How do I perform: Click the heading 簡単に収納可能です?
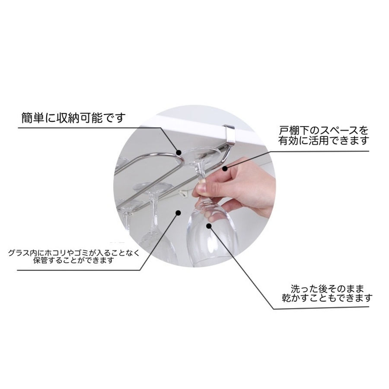tap(73, 118)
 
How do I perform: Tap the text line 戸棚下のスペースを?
tap(323, 131)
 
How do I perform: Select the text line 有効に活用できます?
tap(323, 141)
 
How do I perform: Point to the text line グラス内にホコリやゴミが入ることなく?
tap(74, 253)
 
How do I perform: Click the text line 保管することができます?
tap(73, 261)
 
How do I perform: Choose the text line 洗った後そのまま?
tap(328, 289)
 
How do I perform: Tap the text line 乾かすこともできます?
tap(328, 298)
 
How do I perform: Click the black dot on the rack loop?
tap(179, 152)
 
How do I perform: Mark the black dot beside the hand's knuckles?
tap(225, 169)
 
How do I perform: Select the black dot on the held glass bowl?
tap(209, 226)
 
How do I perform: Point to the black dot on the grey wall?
tap(178, 213)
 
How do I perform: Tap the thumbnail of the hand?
tap(201, 190)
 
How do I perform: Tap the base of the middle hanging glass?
tap(152, 187)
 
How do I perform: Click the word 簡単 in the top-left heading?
tap(32, 118)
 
